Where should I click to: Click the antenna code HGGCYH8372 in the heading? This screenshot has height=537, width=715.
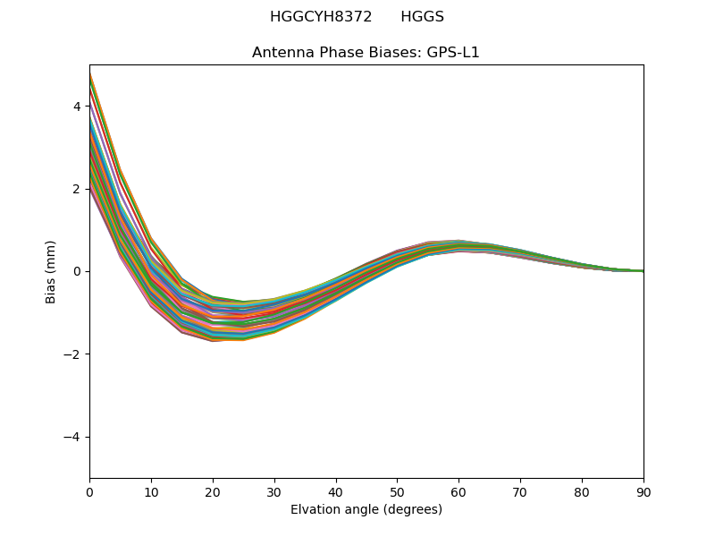[321, 17]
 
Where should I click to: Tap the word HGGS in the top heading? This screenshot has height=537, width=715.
[422, 17]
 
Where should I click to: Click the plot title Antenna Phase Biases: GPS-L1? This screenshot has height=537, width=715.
[366, 53]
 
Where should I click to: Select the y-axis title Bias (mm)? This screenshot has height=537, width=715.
[51, 271]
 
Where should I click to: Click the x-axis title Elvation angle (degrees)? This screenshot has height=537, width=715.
[366, 510]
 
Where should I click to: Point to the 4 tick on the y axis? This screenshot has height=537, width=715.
[77, 106]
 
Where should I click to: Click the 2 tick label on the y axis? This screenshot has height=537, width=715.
[77, 189]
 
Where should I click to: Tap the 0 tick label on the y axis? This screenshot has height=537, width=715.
[77, 271]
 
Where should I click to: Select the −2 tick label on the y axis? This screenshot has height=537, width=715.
[73, 354]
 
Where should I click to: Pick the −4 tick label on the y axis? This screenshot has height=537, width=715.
[73, 437]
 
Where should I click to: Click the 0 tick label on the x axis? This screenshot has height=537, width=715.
[89, 493]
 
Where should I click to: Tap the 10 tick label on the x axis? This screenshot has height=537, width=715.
[151, 493]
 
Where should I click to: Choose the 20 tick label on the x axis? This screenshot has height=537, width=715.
[213, 493]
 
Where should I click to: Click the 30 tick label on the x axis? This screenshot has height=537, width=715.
[274, 493]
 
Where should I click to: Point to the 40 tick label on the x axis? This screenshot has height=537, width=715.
[336, 493]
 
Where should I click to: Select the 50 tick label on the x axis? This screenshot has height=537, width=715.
[397, 493]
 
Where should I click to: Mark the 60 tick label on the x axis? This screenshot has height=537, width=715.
[458, 493]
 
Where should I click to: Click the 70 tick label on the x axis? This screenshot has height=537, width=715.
[520, 493]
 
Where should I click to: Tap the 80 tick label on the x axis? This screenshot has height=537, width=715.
[582, 493]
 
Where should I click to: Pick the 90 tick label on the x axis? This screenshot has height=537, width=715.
[643, 493]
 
